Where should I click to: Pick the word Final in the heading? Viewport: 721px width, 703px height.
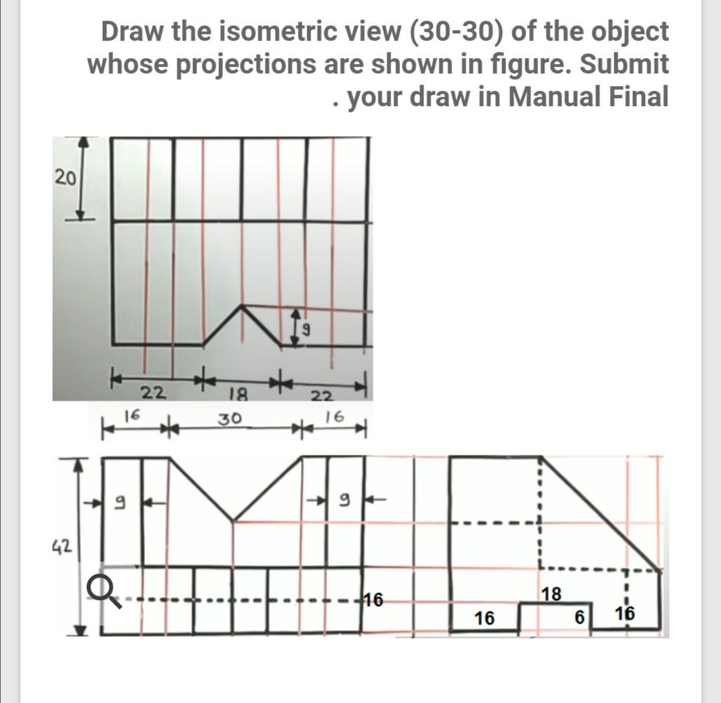point(640,97)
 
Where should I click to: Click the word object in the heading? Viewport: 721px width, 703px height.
point(626,31)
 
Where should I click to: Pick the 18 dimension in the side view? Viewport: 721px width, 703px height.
point(551,594)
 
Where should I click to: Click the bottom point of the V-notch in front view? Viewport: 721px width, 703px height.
point(233,519)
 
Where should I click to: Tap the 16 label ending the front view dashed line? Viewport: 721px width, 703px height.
point(373,598)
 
